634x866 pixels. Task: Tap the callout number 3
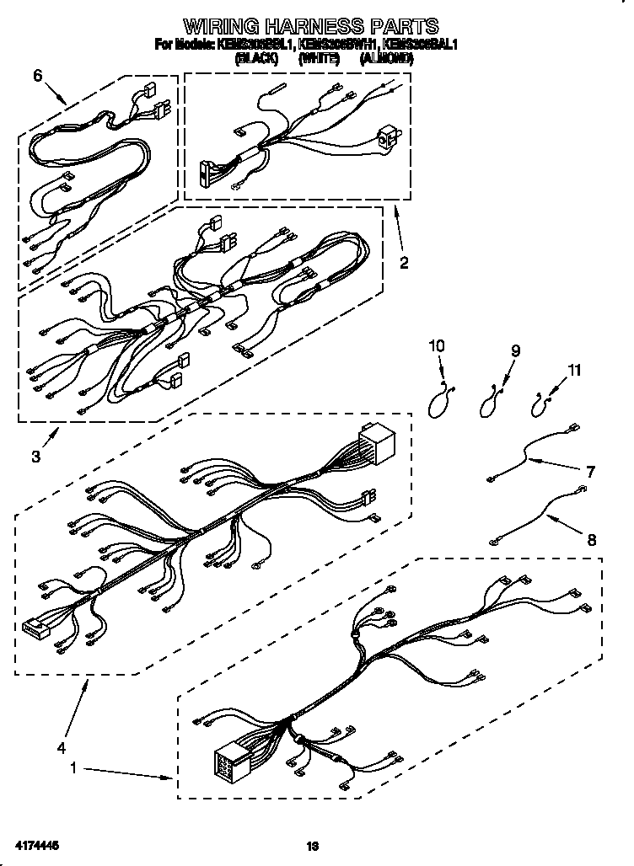[x=35, y=457]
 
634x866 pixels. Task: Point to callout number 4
[x=61, y=746]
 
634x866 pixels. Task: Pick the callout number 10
[x=436, y=345]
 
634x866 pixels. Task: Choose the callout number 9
[x=515, y=351]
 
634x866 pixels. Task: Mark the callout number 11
[x=573, y=369]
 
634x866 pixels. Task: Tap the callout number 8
[x=590, y=540]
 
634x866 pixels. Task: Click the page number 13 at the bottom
[x=312, y=844]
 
